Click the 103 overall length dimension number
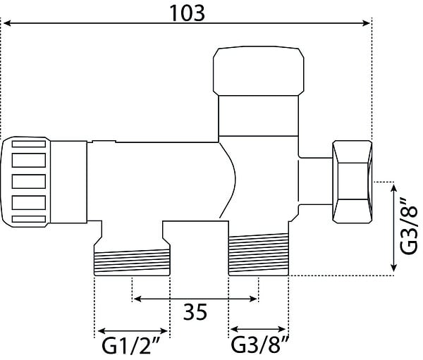coord(187,13)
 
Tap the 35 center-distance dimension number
coord(195,311)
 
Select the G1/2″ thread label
coord(131,346)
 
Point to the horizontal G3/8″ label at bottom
coord(260,345)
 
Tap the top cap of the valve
coord(259,71)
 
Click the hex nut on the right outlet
coord(352,182)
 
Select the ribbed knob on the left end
coord(25,182)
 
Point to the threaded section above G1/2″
coord(132,262)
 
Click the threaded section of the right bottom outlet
coord(259,254)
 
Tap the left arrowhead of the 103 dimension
coord(7,23)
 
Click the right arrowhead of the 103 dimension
coord(367,23)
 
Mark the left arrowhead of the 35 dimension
coord(137,299)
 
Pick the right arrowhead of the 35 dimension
coord(254,299)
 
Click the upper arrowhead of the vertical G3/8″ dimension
coord(394,187)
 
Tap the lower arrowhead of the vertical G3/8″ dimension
coord(394,267)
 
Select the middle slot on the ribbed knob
coord(29,182)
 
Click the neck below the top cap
coord(259,116)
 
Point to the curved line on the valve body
coord(228,180)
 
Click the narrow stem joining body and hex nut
coord(316,181)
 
